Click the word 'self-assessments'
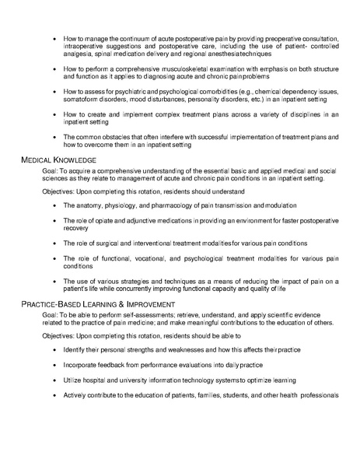(x=143, y=314)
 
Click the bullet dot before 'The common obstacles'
(x=54, y=137)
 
